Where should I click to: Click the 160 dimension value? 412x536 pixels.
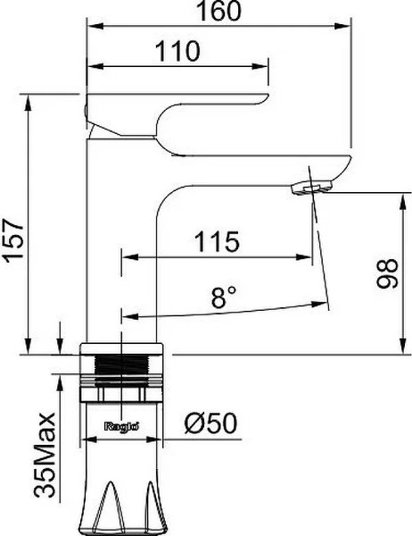[x=218, y=11]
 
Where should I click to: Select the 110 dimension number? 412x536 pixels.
[x=177, y=51]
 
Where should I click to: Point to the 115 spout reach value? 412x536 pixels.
[x=217, y=242]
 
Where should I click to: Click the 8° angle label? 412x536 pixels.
[x=224, y=297]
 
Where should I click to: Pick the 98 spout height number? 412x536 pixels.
[x=387, y=273]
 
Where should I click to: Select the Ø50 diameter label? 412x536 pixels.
[x=210, y=423]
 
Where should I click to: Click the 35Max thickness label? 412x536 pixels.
[x=45, y=455]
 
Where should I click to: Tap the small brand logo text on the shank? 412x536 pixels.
[x=121, y=426]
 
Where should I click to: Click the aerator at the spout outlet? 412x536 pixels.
[x=311, y=188]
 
